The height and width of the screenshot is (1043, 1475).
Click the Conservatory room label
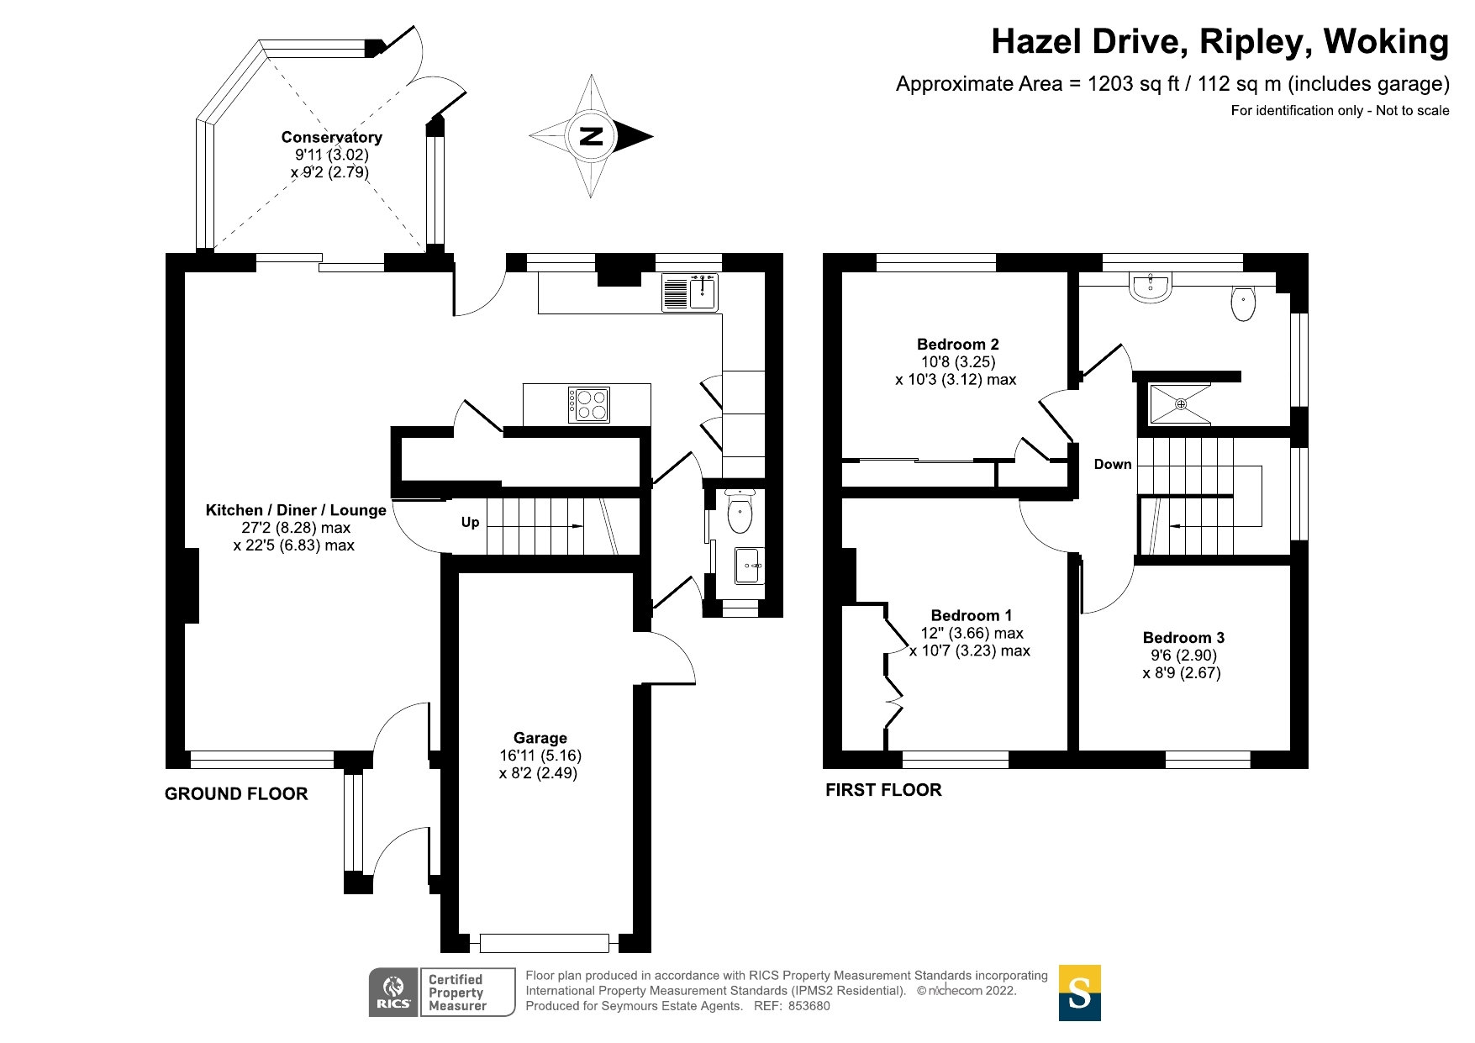click(x=331, y=137)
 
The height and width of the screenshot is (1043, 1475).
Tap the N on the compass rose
click(x=592, y=136)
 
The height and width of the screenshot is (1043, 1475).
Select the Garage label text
click(x=540, y=738)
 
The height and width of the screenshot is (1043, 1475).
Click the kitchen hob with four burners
click(x=588, y=404)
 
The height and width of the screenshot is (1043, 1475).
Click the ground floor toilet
click(x=739, y=512)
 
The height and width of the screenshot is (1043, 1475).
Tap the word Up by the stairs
click(x=470, y=522)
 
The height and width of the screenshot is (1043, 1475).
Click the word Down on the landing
click(x=1112, y=464)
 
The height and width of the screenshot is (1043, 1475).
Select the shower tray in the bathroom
click(x=1180, y=404)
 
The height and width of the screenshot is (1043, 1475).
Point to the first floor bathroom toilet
click(x=1243, y=303)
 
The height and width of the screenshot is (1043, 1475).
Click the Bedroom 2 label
click(x=957, y=344)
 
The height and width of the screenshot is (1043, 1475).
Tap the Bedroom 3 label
click(x=1183, y=637)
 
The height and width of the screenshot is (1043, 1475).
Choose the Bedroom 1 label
click(x=971, y=615)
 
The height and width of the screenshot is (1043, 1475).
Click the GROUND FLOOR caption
click(x=236, y=793)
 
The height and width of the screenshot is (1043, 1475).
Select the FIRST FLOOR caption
click(x=883, y=790)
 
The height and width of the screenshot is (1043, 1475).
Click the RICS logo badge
click(x=393, y=992)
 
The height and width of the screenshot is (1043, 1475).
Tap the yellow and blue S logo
click(x=1079, y=993)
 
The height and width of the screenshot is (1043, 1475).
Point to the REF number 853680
click(x=809, y=1006)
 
